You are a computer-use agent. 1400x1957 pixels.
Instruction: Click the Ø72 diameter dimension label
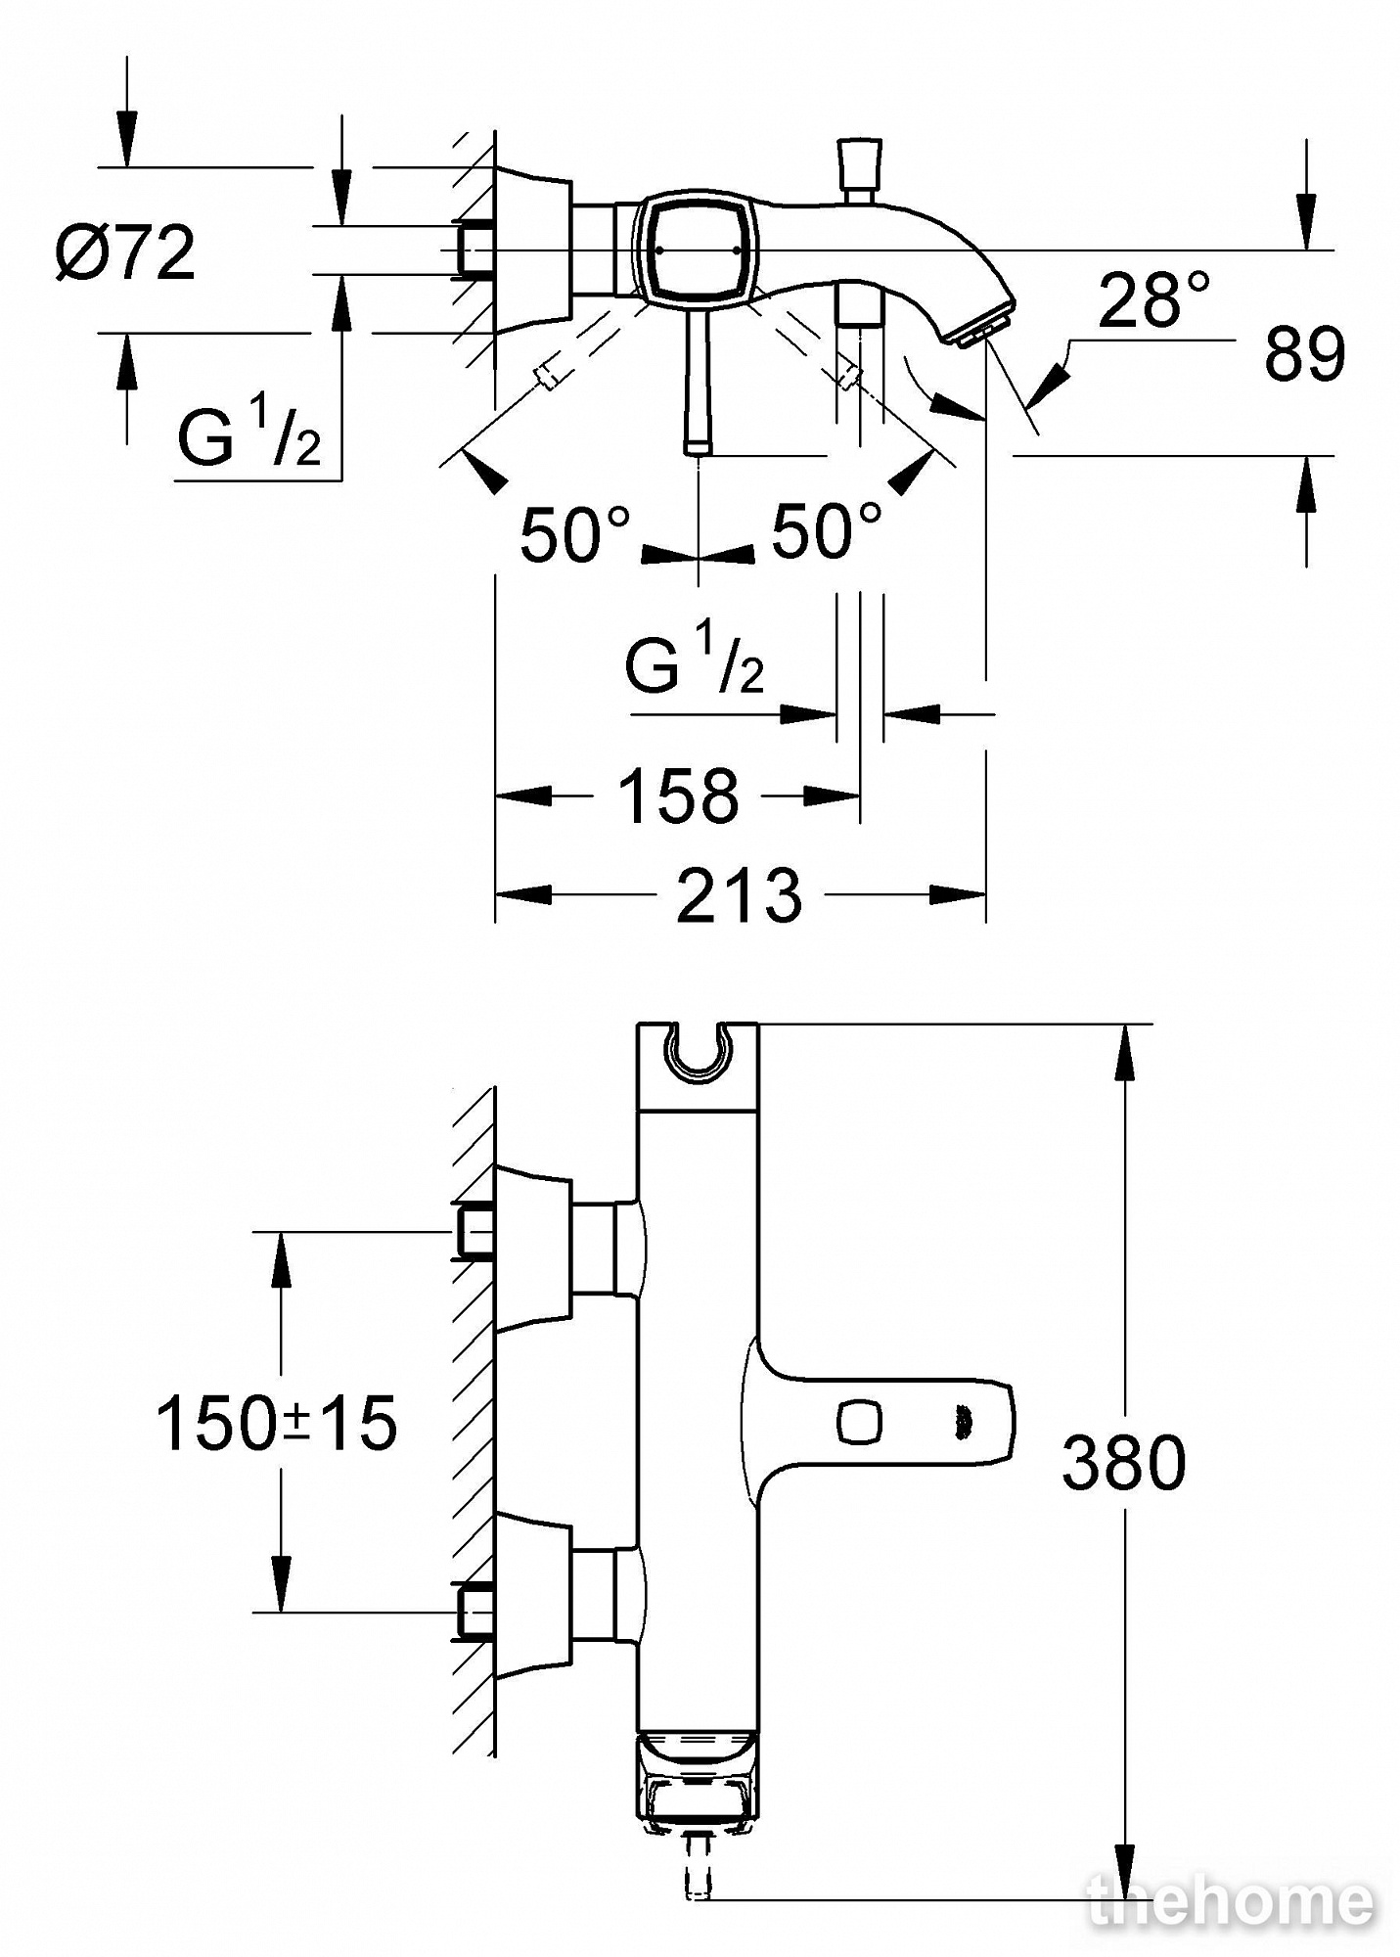click(x=125, y=253)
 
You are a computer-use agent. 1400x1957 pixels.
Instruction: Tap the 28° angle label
click(x=1154, y=299)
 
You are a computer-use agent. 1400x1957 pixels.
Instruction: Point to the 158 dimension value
click(x=678, y=796)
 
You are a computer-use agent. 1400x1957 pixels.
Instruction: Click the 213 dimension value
click(x=739, y=894)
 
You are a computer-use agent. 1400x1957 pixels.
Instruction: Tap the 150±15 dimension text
click(x=277, y=1423)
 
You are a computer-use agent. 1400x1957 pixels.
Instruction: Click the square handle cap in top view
click(x=697, y=250)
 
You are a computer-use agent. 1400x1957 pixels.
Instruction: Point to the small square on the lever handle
click(x=859, y=1420)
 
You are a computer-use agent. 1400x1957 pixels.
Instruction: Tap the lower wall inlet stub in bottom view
click(x=474, y=1612)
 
